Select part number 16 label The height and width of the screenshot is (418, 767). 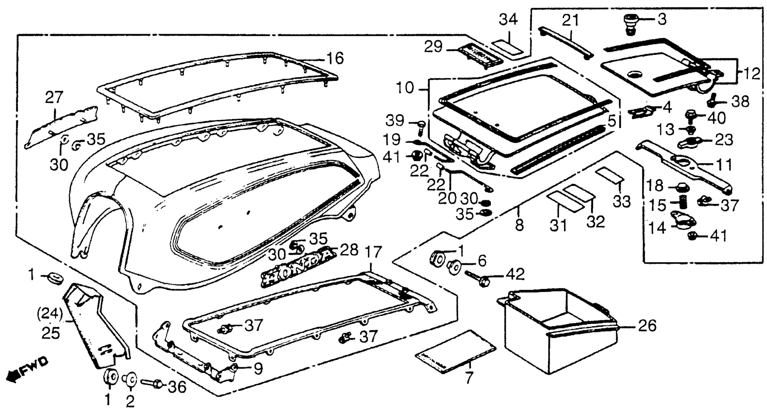tap(336, 58)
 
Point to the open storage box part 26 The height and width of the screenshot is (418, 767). tap(557, 331)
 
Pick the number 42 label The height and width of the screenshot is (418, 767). tap(515, 274)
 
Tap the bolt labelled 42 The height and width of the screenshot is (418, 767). tap(476, 277)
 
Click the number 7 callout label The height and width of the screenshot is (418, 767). tap(469, 377)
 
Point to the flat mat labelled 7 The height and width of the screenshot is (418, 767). tap(455, 352)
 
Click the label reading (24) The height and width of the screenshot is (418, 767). tap(50, 314)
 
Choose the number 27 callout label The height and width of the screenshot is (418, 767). tap(54, 97)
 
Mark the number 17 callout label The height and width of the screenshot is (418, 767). tap(373, 252)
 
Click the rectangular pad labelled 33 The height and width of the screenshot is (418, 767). tap(609, 176)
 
